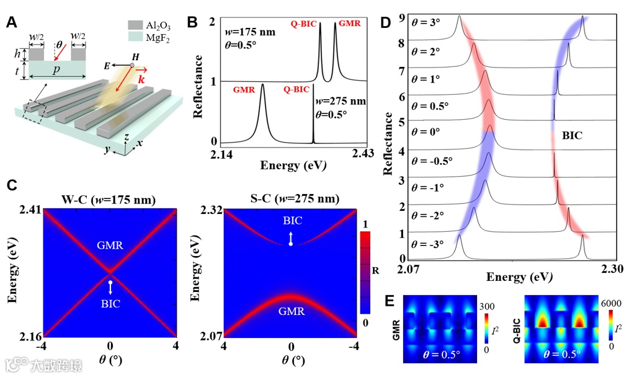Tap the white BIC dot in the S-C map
(x=290, y=244)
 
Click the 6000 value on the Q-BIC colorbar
(x=612, y=299)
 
